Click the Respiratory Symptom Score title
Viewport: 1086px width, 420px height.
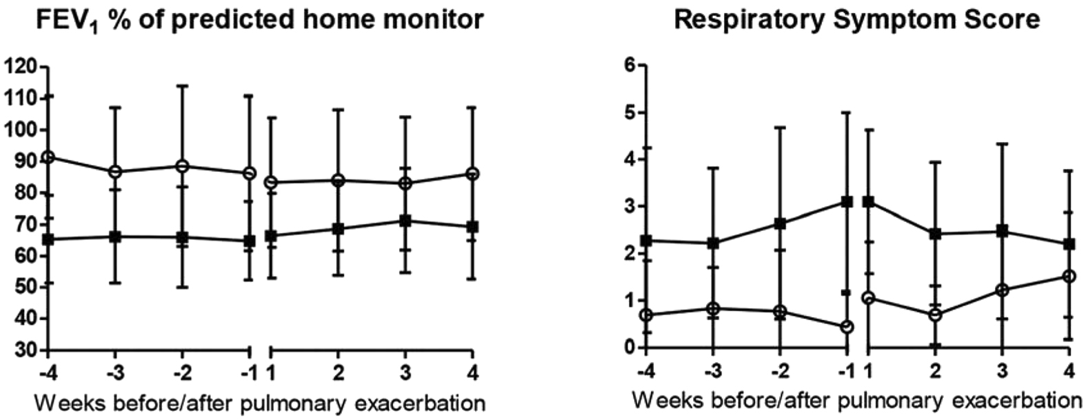856,19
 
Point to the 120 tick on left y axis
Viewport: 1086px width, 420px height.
21,67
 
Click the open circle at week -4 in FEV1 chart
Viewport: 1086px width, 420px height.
48,157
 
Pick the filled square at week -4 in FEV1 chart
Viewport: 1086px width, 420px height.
48,239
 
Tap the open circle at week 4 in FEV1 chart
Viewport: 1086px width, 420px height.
472,174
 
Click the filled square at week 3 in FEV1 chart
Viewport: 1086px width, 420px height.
405,221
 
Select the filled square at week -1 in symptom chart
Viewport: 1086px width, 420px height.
847,201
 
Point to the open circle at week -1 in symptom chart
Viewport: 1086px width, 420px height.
847,326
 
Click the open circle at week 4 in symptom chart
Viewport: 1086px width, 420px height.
1069,276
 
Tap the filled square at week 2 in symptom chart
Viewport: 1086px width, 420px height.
935,234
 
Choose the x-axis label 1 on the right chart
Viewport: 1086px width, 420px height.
868,371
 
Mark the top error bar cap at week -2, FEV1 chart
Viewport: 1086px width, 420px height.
183,86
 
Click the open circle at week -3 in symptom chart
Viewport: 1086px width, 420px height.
713,308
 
